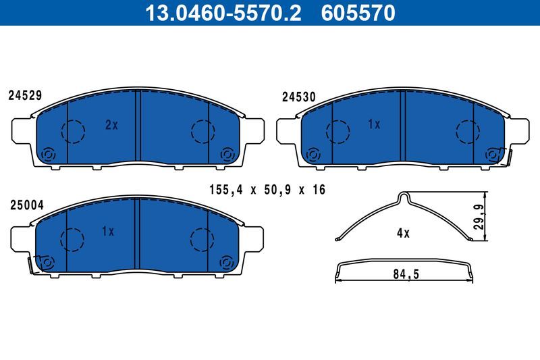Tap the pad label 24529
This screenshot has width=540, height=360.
(25, 96)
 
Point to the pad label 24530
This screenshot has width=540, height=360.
(298, 97)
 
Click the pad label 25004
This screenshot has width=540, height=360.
(25, 204)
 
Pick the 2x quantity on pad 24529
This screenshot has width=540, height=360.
(111, 124)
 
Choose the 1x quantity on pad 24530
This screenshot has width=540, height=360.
(374, 124)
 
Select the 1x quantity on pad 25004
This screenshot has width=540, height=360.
(108, 232)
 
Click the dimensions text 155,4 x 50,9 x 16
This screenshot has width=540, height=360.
(267, 190)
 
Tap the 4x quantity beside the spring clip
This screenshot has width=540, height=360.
(403, 233)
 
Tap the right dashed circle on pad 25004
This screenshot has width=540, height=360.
(201, 238)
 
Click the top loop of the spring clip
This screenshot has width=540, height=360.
(403, 197)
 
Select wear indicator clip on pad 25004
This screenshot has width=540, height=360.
(30, 265)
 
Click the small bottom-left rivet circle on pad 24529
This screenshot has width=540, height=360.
(48, 155)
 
